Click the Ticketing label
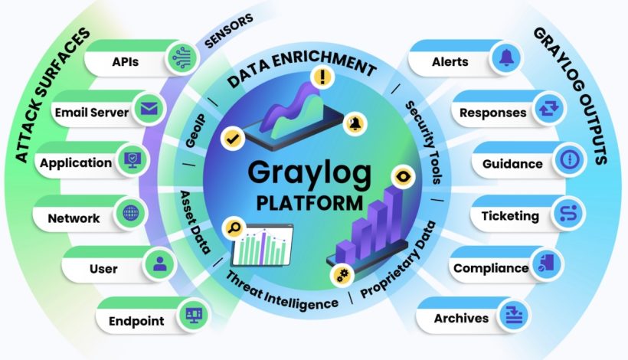[509, 216]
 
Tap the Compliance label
[491, 268]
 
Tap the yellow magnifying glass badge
[231, 227]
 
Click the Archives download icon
[509, 317]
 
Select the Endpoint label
[136, 320]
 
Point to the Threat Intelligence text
[282, 292]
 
